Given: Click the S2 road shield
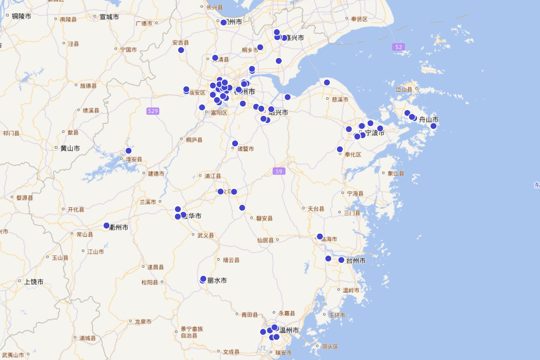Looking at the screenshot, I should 398,47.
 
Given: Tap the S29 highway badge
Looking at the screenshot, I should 153,111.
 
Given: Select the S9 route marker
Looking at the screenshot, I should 279,171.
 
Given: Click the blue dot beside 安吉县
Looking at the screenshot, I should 181,50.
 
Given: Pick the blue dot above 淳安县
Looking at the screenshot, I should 128,151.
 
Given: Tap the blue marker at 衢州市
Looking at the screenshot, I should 107,225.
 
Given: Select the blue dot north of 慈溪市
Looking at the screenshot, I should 327,82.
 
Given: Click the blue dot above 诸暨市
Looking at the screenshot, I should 235,144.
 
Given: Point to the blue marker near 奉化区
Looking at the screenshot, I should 340,149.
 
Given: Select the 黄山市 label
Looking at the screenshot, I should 70,148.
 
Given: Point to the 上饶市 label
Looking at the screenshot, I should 34,282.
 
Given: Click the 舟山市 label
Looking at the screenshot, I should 428,120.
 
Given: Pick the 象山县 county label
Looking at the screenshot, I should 396,173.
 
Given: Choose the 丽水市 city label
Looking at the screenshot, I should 217,280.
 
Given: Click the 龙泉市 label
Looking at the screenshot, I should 143,322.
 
